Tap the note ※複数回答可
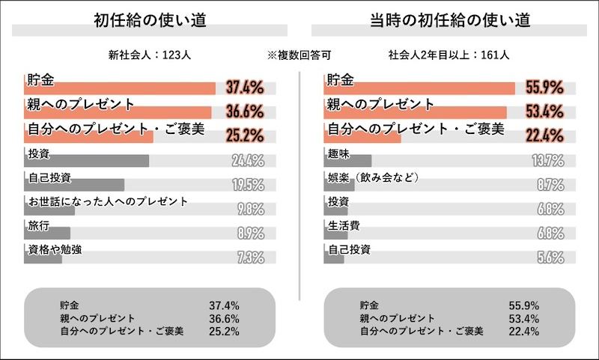click(299, 55)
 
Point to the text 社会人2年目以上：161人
click(449, 55)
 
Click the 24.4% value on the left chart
click(247, 160)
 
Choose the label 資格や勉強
click(55, 248)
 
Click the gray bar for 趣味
click(349, 161)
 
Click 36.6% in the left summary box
click(224, 317)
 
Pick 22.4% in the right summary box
click(523, 330)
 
